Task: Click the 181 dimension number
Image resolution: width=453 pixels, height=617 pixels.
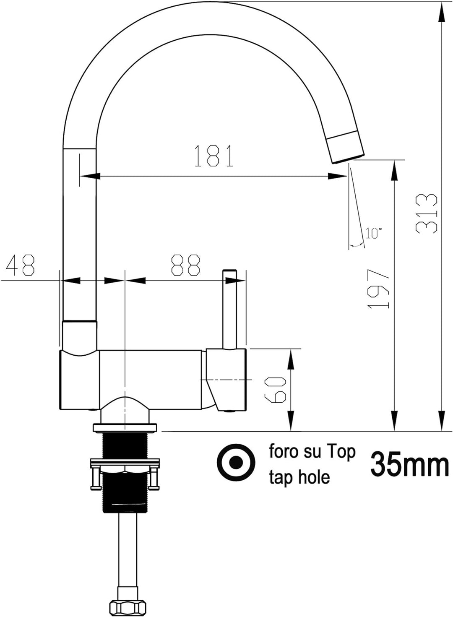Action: pyautogui.click(x=214, y=156)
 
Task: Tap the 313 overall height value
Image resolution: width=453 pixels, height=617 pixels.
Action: pyautogui.click(x=426, y=214)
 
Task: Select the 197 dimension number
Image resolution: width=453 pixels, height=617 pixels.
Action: pyautogui.click(x=379, y=288)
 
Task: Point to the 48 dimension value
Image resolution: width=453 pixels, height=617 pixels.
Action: pyautogui.click(x=21, y=265)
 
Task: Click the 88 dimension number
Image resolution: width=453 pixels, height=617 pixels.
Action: pyautogui.click(x=185, y=265)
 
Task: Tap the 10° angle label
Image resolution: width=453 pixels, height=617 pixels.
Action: pyautogui.click(x=374, y=233)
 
